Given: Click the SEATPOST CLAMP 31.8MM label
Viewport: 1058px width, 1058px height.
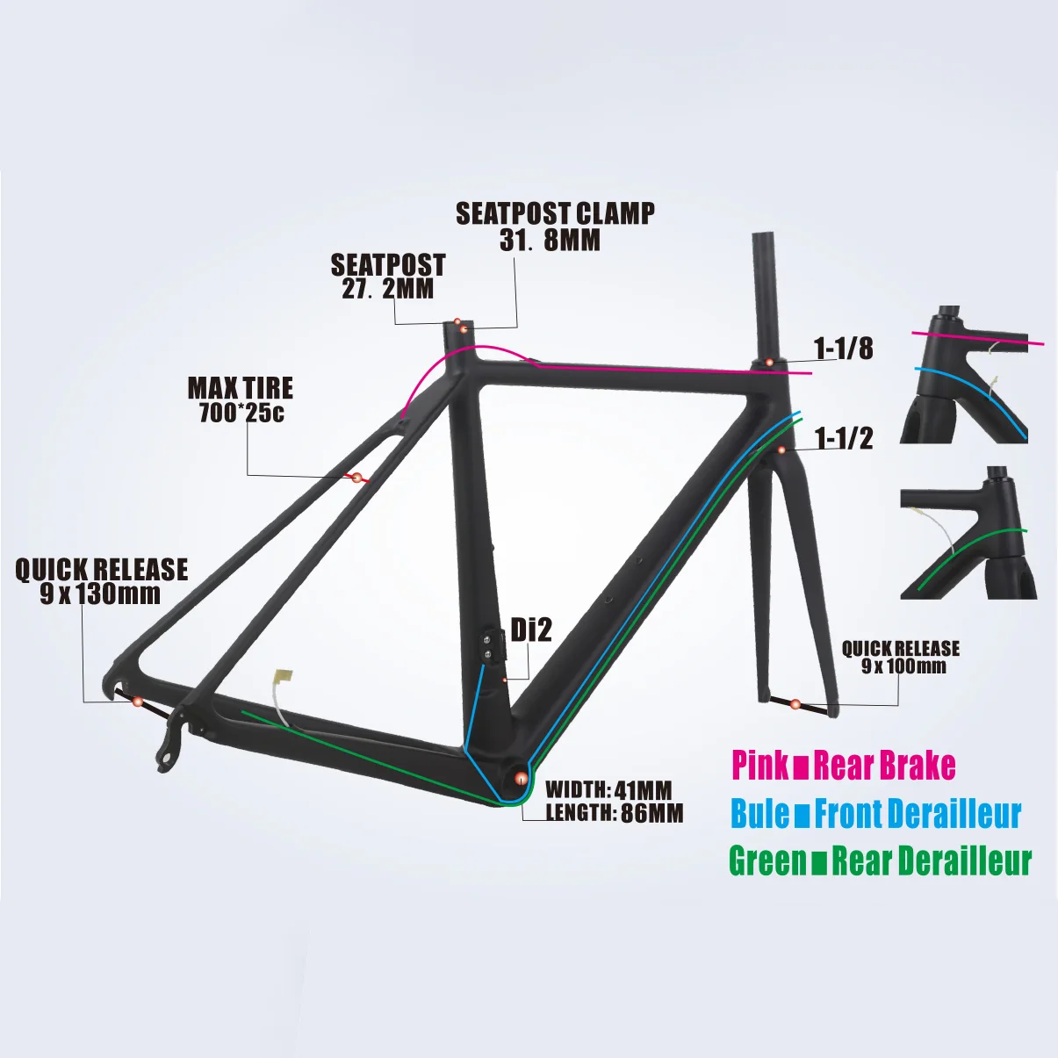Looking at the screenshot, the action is pyautogui.click(x=554, y=227).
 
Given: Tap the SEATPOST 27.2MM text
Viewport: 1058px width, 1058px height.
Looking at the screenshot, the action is pyautogui.click(x=387, y=277).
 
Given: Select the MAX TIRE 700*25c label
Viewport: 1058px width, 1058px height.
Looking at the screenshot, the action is pyautogui.click(x=241, y=400).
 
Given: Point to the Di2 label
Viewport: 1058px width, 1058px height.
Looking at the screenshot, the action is pyautogui.click(x=531, y=630).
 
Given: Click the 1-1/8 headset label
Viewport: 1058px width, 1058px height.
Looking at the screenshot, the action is pyautogui.click(x=843, y=349).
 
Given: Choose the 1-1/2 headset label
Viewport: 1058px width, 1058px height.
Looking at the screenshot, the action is pyautogui.click(x=843, y=438).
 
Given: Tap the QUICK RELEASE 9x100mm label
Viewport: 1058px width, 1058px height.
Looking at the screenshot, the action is pyautogui.click(x=901, y=657).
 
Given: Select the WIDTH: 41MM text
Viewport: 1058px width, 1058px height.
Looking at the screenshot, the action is pyautogui.click(x=608, y=789).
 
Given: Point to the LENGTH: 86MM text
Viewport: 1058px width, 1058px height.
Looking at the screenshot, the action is pyautogui.click(x=615, y=813).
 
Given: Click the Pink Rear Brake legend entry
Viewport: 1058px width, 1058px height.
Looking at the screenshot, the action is pyautogui.click(x=843, y=765).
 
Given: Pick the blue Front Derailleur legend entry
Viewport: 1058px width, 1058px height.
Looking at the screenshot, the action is pyautogui.click(x=875, y=813).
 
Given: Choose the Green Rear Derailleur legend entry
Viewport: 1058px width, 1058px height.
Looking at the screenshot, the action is pyautogui.click(x=880, y=860).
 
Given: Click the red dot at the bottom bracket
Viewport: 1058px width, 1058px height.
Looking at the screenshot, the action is pyautogui.click(x=521, y=778).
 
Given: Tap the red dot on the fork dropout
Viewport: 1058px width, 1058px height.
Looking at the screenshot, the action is pyautogui.click(x=795, y=703).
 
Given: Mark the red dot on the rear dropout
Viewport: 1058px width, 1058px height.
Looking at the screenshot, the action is pyautogui.click(x=137, y=701).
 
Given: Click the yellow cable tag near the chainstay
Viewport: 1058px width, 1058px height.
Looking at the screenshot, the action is pyautogui.click(x=283, y=677).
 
